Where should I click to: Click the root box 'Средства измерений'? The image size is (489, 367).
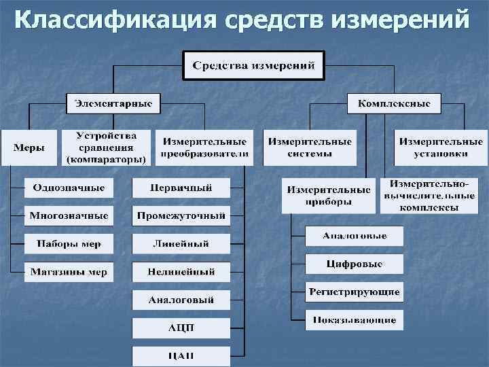253,66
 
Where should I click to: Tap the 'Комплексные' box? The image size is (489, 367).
394,105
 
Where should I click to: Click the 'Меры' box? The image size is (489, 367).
29,147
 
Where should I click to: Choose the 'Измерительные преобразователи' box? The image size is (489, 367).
204,147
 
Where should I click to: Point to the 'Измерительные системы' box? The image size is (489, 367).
310,147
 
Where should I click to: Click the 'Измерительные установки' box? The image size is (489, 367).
441,147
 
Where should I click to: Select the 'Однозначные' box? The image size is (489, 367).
69,188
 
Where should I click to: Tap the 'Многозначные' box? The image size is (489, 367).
69,215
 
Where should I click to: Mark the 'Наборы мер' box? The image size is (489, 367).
69,243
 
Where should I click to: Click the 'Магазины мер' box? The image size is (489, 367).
69,272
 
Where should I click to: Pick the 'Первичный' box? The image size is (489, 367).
181,188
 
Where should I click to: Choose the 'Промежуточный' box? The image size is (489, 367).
181,216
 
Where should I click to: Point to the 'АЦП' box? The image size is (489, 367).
181,328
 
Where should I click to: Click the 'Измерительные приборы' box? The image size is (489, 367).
329,196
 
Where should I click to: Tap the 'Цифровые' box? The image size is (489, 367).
354,264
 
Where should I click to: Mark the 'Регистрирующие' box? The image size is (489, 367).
354,292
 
